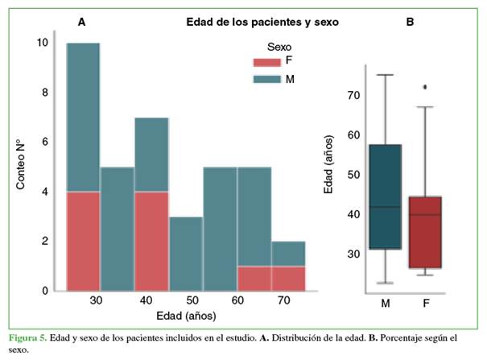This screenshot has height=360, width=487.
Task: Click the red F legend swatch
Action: coord(266,62)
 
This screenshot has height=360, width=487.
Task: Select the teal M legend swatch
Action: coord(266,79)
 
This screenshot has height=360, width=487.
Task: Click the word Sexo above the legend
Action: coord(279,48)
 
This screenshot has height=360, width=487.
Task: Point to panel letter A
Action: coord(81,23)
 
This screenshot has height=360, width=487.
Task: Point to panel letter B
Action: coord(410,23)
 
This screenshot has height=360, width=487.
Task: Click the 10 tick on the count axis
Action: coord(43,43)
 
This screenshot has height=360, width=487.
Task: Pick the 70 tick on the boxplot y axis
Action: coord(353,95)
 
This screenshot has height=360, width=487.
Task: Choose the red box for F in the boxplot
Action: coord(424,232)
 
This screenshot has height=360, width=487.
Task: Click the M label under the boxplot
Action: coord(386,303)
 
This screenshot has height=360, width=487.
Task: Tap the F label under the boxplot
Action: coord(424,303)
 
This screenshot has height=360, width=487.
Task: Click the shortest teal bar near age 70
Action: coord(288,253)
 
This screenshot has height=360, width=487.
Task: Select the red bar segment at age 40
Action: coord(151,240)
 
